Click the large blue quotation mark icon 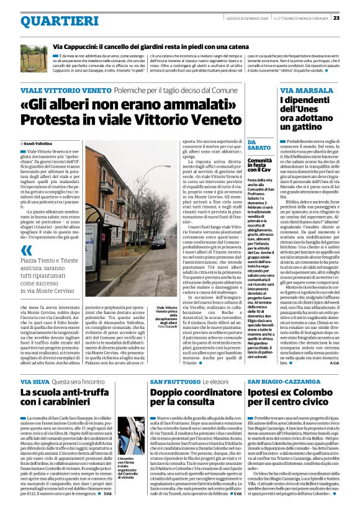(x=26, y=251)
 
